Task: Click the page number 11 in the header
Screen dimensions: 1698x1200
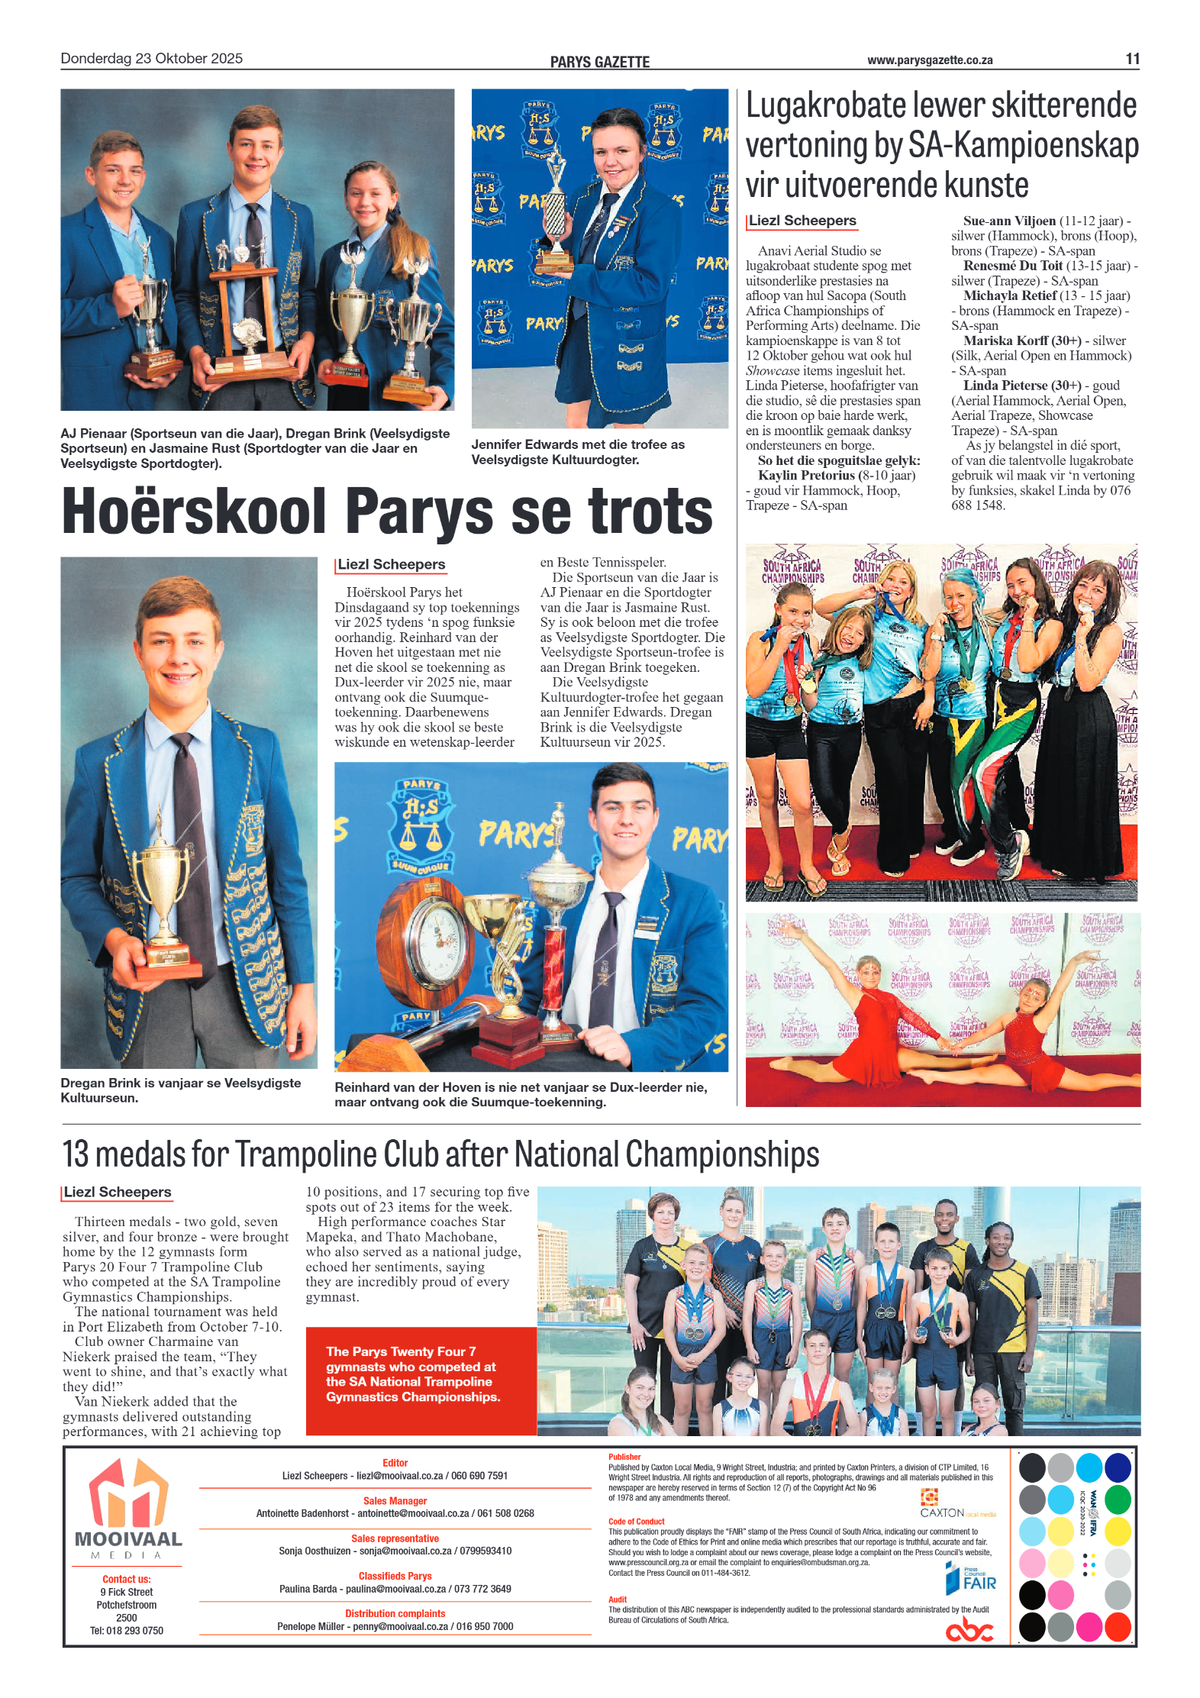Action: coord(1132,59)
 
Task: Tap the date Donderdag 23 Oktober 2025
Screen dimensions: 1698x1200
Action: coord(151,59)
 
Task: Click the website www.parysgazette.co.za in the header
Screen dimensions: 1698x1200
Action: coord(929,60)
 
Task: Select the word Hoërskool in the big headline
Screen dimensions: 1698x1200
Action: coord(194,512)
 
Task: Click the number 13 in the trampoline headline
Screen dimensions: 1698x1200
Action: coord(76,1154)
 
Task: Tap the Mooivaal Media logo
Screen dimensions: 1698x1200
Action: coord(127,1508)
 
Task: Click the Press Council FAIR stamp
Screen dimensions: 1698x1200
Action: coord(970,1577)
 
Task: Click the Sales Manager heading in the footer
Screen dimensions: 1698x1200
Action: coord(395,1500)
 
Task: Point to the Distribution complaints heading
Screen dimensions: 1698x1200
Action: coord(395,1613)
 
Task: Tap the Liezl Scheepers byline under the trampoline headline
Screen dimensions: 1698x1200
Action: coord(118,1193)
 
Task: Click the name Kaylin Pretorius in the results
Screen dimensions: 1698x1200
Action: coord(805,476)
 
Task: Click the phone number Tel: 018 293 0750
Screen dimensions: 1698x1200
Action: coord(126,1630)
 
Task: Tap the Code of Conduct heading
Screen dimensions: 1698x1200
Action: coord(636,1522)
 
